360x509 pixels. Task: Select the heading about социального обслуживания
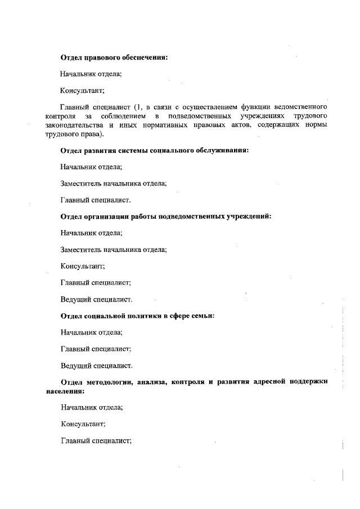[154, 150]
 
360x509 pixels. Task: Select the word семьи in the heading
[204, 316]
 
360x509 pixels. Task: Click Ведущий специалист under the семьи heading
[96, 366]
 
